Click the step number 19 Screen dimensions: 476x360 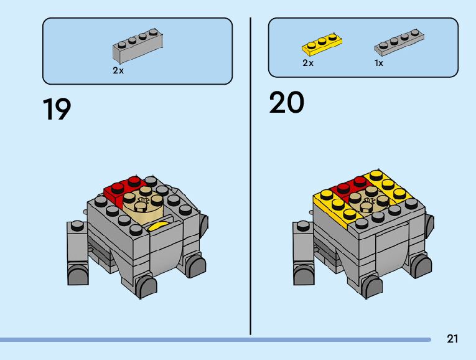click(57, 110)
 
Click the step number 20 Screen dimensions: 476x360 click(286, 103)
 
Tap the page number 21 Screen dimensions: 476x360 click(452, 339)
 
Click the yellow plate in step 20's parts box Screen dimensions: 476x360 click(323, 44)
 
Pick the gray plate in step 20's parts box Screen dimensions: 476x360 click(399, 42)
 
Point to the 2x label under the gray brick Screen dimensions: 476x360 click(118, 71)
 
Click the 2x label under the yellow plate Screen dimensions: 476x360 click(308, 64)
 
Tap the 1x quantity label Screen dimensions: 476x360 click(379, 64)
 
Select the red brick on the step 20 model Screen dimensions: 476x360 click(348, 187)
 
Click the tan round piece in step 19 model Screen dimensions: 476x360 click(142, 201)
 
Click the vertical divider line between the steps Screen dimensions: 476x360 click(250, 174)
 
